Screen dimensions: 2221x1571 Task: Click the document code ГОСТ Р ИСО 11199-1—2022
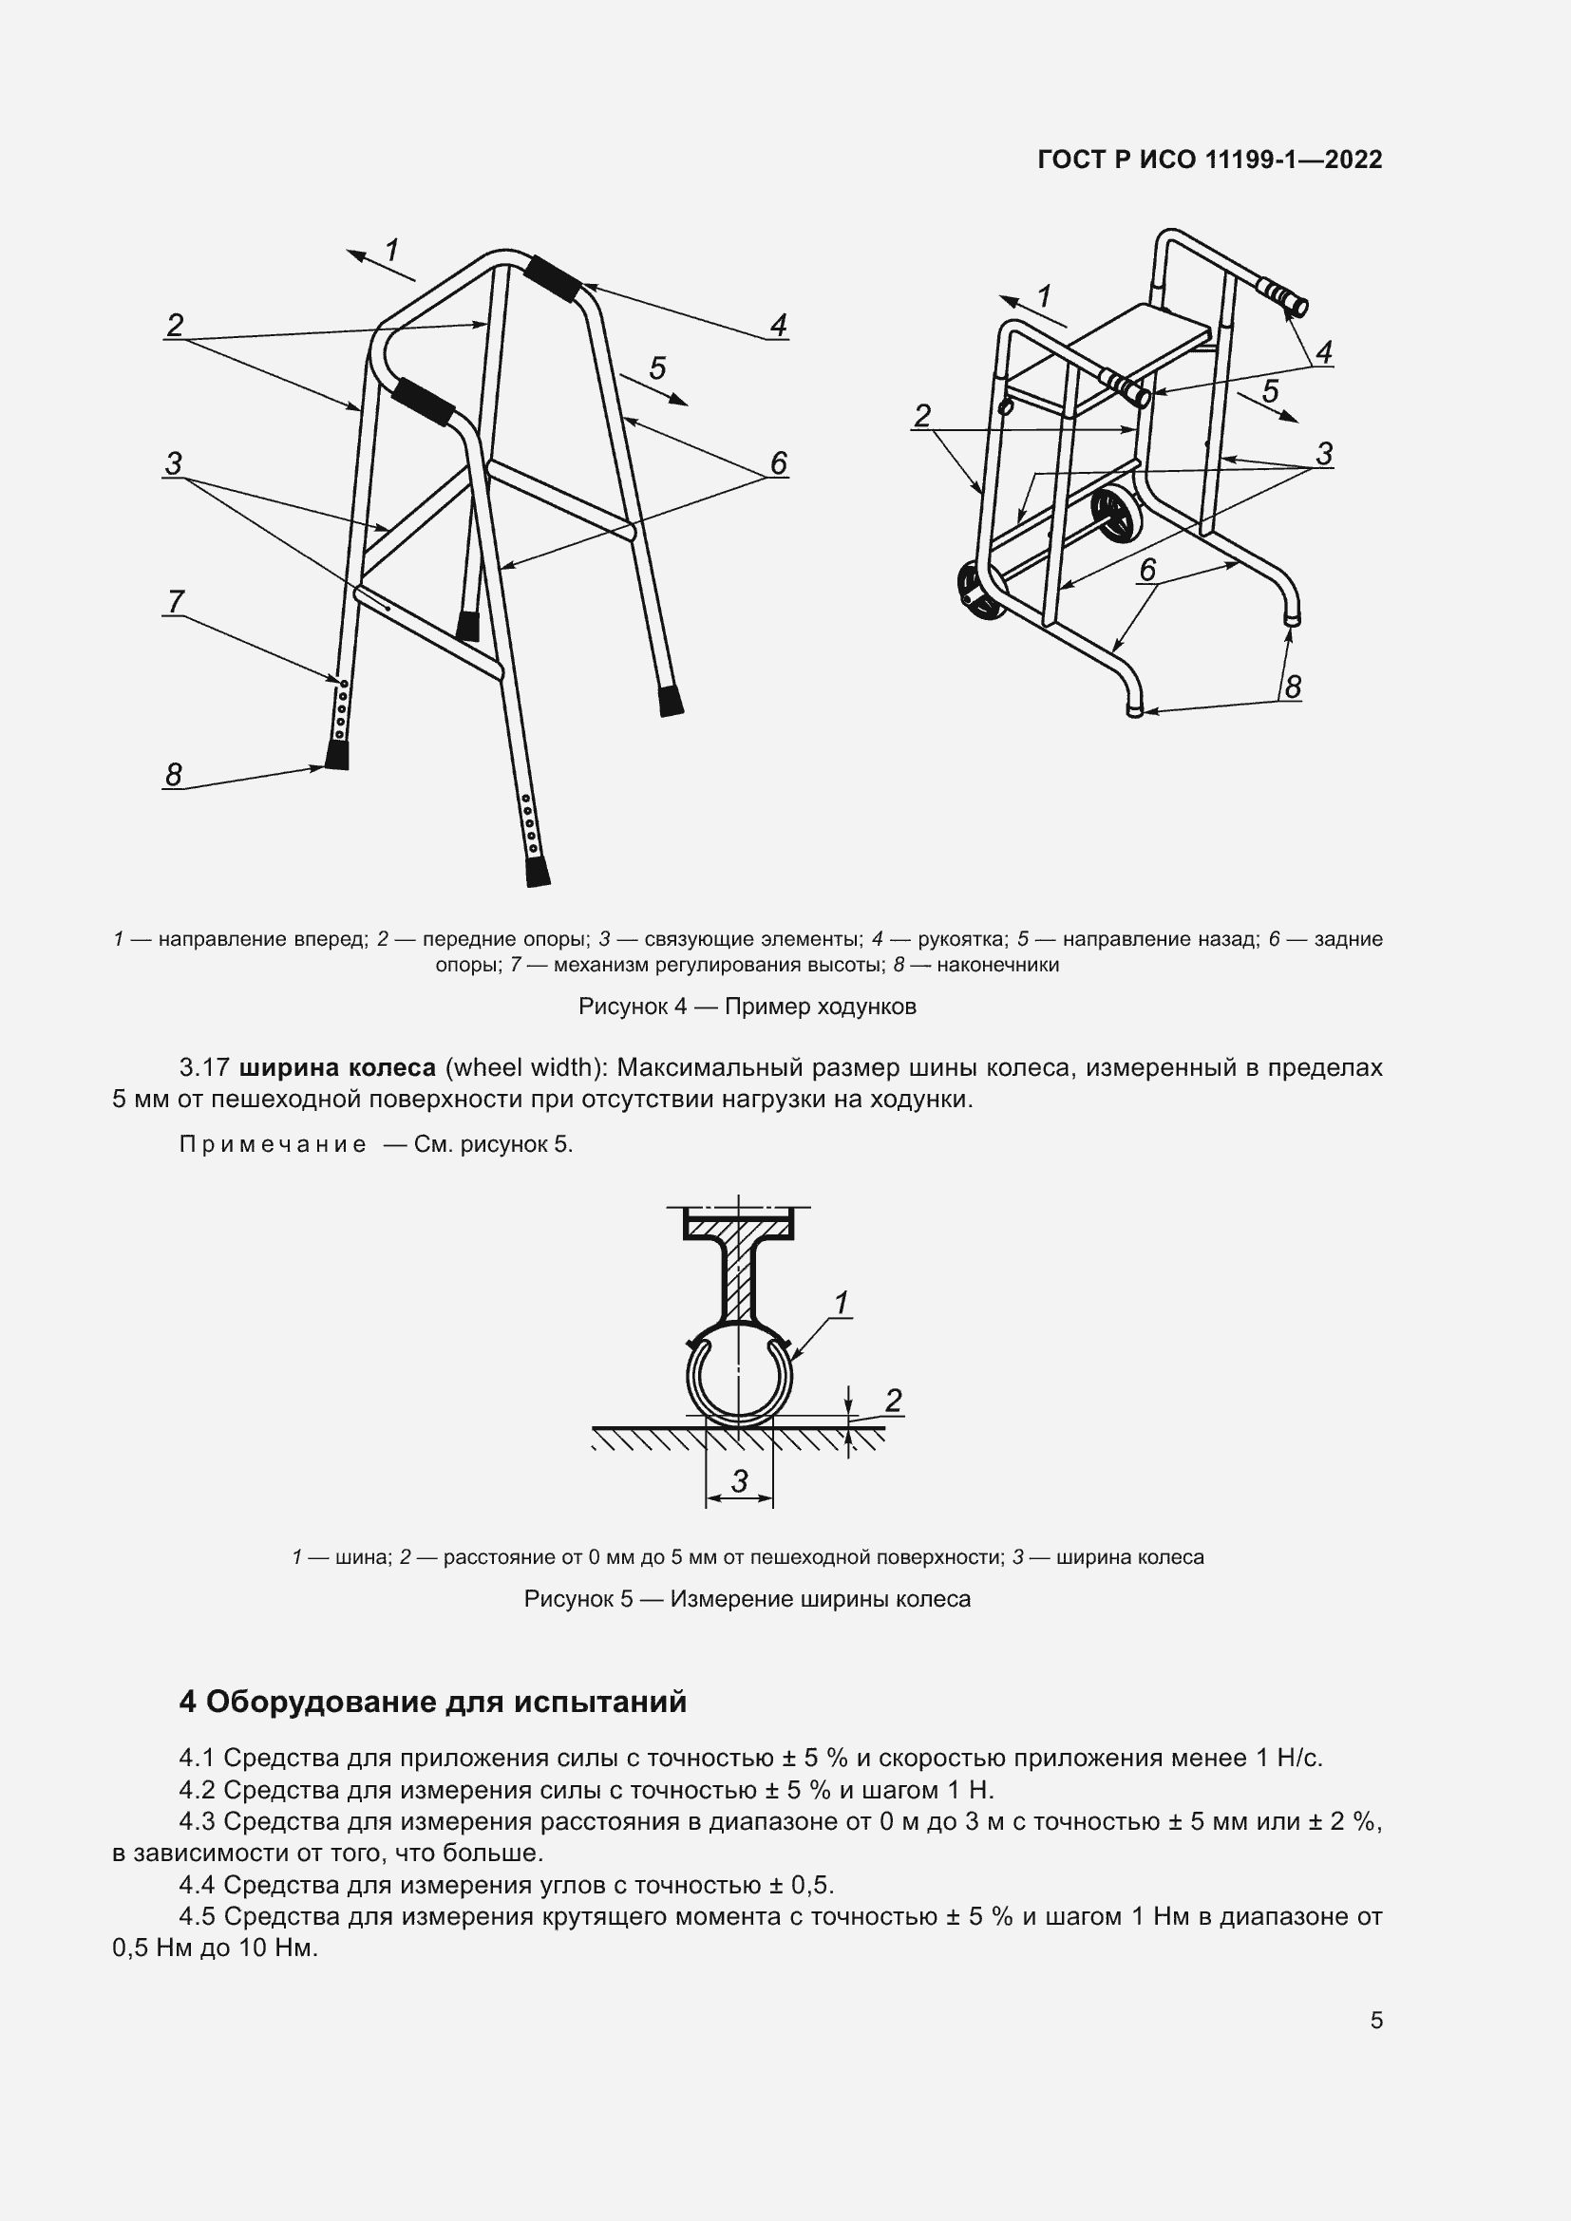[1209, 160]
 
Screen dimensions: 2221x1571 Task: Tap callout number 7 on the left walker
[175, 602]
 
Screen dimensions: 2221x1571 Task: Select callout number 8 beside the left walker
[173, 774]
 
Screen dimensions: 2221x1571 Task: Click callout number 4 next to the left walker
[778, 325]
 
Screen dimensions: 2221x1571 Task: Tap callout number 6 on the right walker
[1147, 570]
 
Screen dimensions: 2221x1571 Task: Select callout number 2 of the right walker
[922, 416]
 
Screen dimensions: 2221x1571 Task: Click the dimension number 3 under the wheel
[739, 1481]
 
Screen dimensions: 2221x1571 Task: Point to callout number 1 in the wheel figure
[841, 1303]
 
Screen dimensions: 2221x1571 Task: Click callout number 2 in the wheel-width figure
[893, 1400]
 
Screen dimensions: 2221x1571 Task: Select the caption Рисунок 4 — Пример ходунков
[747, 1006]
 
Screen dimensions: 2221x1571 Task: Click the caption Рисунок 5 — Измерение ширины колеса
[747, 1599]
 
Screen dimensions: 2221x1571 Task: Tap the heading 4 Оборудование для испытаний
[432, 1701]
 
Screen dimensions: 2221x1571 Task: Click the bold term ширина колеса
[336, 1067]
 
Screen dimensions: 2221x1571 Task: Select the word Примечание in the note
[273, 1144]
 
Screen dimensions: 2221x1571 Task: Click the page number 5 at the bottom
[1375, 2021]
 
